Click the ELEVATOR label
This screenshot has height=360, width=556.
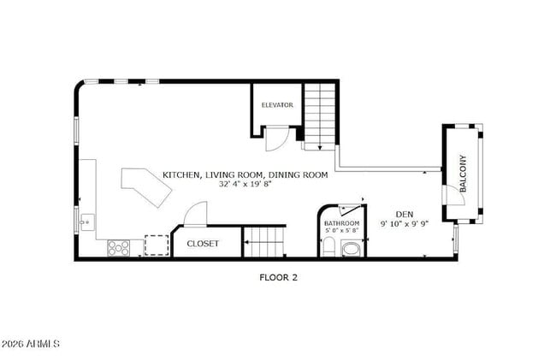[x=277, y=105]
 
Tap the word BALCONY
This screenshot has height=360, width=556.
[x=463, y=172]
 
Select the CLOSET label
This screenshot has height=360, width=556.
[x=203, y=244]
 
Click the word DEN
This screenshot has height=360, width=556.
[x=405, y=215]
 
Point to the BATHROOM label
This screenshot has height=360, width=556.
[x=342, y=222]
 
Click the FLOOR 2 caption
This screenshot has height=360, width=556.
[x=278, y=277]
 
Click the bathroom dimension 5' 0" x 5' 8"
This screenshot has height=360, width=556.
[x=342, y=230]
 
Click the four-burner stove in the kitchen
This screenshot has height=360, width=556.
[x=118, y=248]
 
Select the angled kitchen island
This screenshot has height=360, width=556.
[x=145, y=187]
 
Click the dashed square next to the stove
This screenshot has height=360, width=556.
[x=156, y=246]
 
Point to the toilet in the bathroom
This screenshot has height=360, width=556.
[x=329, y=249]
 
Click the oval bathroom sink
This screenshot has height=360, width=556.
[x=351, y=250]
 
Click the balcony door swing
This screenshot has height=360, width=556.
[x=454, y=194]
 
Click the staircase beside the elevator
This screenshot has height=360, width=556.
[x=320, y=115]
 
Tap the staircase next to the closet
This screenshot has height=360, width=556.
[x=263, y=242]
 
